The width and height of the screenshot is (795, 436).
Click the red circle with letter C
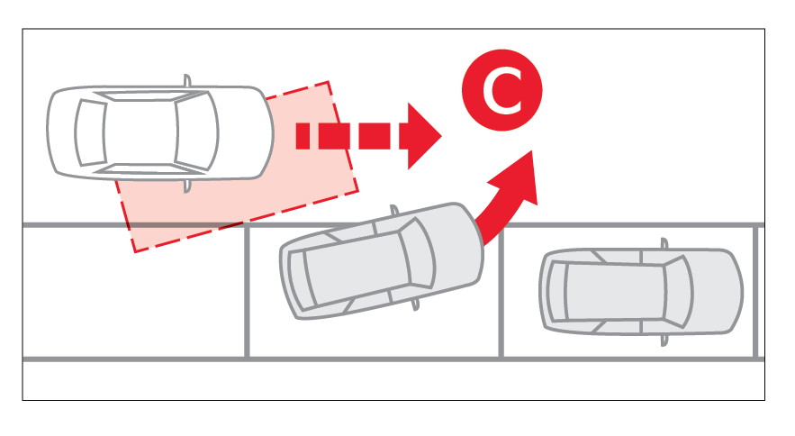coord(502,90)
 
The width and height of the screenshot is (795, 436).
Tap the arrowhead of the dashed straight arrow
coord(424,136)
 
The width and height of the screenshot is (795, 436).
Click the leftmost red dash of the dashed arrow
coord(303,136)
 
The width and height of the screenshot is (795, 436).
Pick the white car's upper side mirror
coord(187,81)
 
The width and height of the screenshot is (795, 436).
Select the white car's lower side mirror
coord(187,186)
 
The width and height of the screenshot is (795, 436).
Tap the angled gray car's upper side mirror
coord(394,211)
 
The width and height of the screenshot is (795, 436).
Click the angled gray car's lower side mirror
coord(415,304)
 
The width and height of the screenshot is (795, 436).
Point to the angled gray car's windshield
coord(417,254)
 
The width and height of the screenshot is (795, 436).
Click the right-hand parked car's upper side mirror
coord(664,244)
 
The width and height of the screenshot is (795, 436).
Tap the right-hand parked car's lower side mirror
coord(664,340)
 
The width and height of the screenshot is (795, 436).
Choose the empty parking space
coord(133,293)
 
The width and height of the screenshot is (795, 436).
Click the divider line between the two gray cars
coord(501,293)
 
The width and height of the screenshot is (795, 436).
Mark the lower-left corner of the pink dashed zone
coord(134,251)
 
